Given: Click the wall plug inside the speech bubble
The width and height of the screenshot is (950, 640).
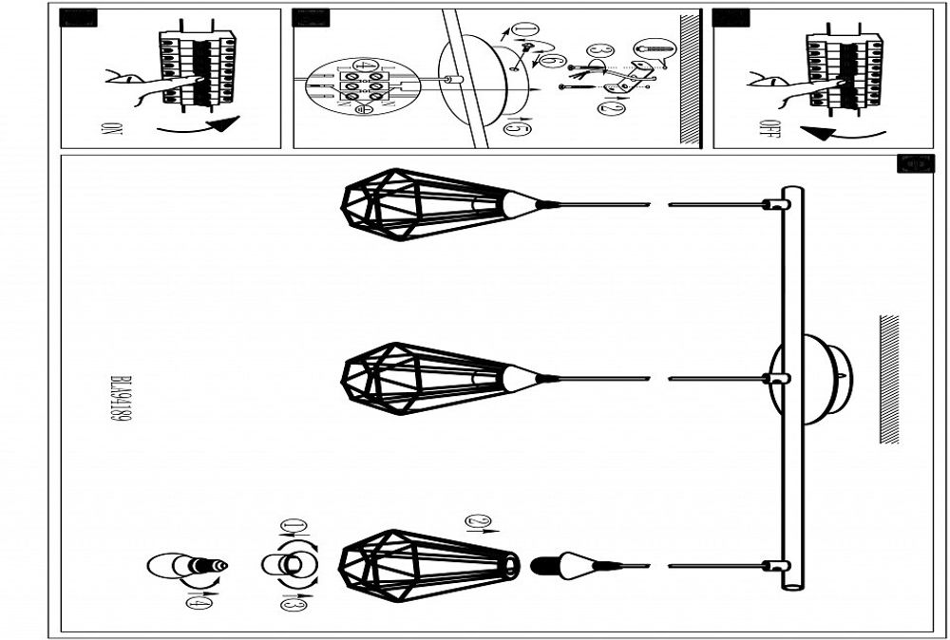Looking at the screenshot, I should click(x=654, y=47).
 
